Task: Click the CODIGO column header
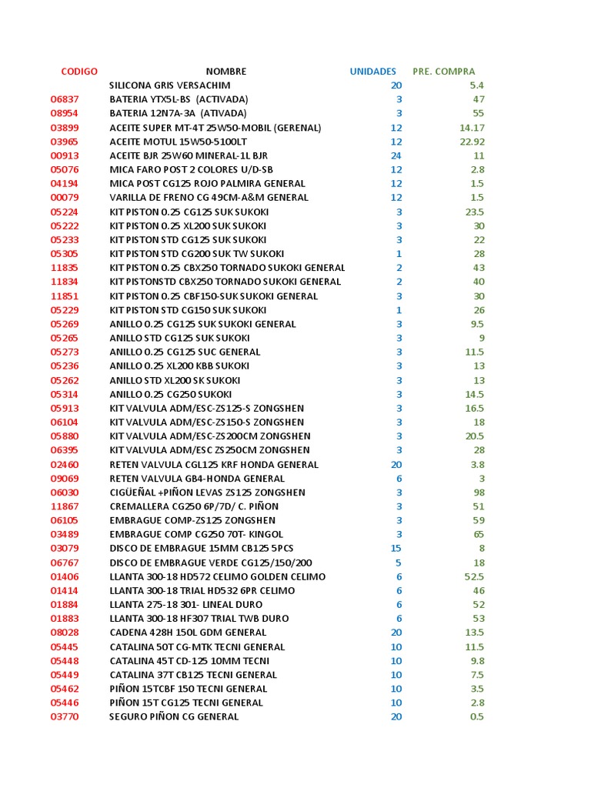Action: (79, 72)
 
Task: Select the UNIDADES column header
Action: (373, 72)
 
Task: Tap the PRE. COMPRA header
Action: (444, 72)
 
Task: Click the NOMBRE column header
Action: (226, 72)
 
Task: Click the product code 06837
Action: (65, 100)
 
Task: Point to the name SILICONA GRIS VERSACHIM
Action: (169, 85)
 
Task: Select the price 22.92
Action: (472, 142)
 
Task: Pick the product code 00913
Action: (65, 155)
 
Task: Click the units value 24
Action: (396, 155)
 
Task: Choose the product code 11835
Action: (65, 268)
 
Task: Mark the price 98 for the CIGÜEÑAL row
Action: (479, 492)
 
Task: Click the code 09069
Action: (65, 479)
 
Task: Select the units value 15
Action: (396, 549)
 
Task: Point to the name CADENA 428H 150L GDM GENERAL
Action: (188, 633)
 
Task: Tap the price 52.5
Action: (474, 577)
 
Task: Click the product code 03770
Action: (65, 716)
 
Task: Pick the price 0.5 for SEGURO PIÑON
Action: (476, 716)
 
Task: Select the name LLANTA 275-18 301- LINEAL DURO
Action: (185, 605)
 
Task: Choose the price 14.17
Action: (472, 128)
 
